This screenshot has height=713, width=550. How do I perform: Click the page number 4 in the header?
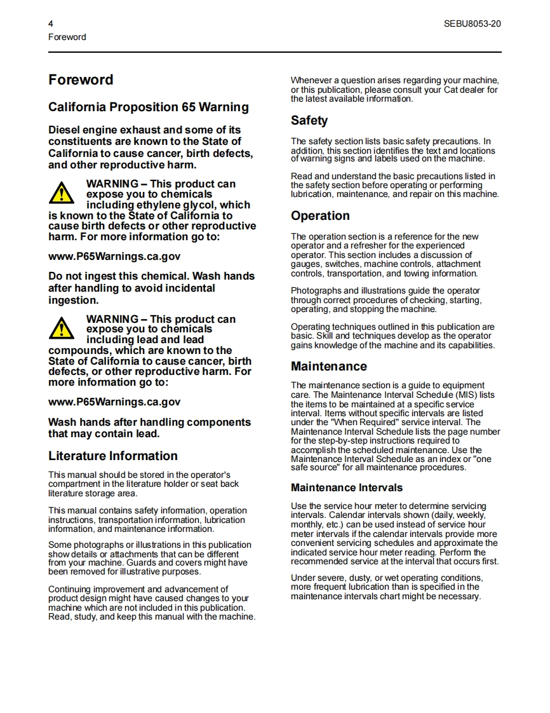[51, 24]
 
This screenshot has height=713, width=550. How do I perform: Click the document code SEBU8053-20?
[472, 24]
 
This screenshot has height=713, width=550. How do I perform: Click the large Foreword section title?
[81, 80]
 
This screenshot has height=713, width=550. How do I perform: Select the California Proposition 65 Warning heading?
[149, 107]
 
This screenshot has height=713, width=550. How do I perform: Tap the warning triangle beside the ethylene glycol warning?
[62, 191]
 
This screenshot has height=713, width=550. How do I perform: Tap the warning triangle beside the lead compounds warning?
[62, 327]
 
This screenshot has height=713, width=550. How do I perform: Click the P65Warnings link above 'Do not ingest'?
[114, 257]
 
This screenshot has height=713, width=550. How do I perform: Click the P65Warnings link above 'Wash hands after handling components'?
[114, 402]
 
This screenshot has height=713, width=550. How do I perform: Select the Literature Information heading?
[113, 456]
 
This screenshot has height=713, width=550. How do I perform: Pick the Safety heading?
[309, 121]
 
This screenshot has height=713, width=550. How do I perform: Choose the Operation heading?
[320, 216]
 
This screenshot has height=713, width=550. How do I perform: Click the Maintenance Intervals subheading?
[347, 488]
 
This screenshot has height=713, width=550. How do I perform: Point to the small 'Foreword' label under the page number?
[67, 37]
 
